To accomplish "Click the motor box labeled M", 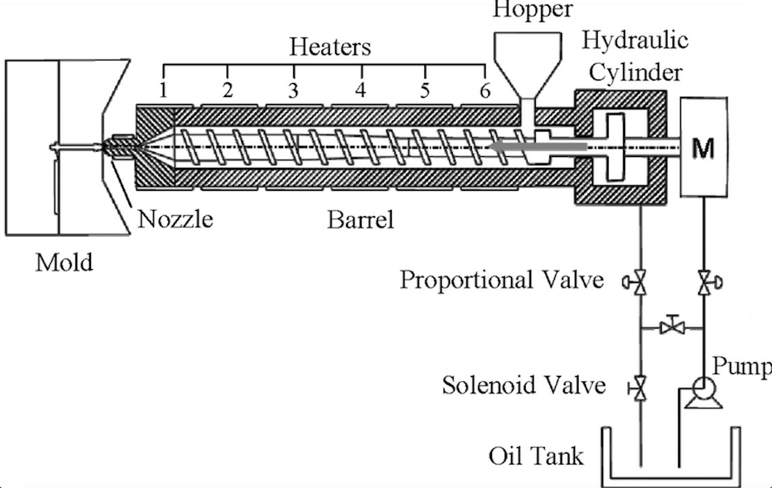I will (x=703, y=147).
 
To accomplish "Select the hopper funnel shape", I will (x=527, y=61).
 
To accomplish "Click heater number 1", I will (x=164, y=90).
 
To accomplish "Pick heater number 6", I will (x=485, y=90).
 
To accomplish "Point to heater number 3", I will (x=293, y=90).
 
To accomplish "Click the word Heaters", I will (x=330, y=47).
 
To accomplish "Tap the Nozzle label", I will (x=175, y=220).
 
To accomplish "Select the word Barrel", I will (x=360, y=220).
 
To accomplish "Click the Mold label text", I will (x=64, y=263).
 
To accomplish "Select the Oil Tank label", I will (x=536, y=456).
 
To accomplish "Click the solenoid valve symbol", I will (x=640, y=389).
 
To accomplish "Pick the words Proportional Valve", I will (x=502, y=280).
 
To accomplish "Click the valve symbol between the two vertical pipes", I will (x=672, y=328).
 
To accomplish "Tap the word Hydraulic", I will (x=635, y=40).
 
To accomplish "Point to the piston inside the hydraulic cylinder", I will (x=615, y=147).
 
